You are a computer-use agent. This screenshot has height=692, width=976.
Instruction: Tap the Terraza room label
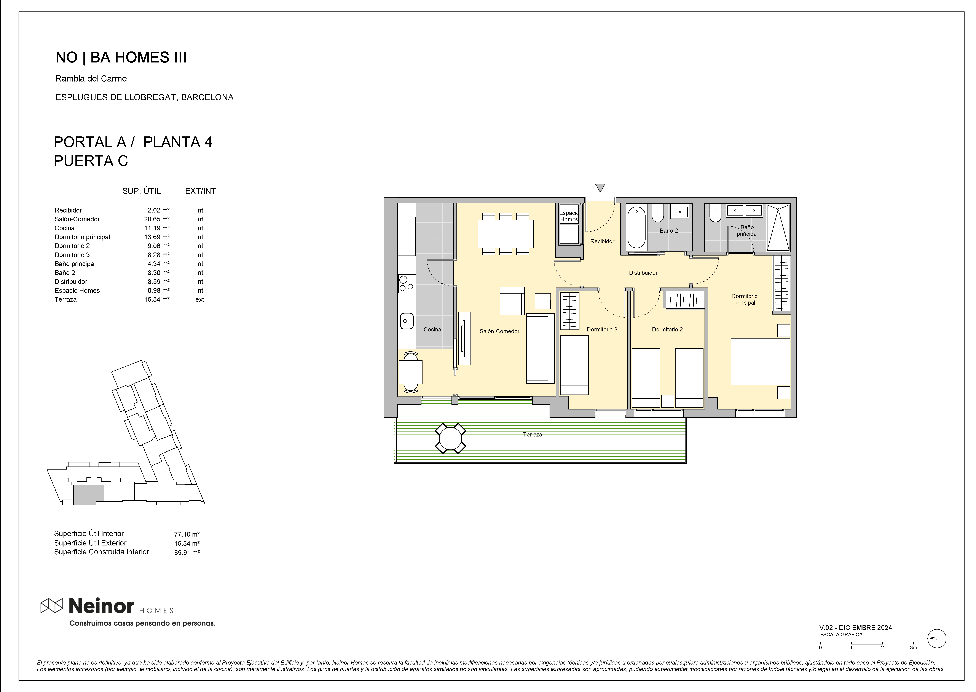(x=533, y=435)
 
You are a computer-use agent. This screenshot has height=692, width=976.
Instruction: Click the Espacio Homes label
(x=569, y=216)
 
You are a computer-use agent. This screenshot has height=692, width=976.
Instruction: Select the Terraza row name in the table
(x=66, y=300)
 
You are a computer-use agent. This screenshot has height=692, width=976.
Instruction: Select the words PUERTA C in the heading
(x=91, y=161)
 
